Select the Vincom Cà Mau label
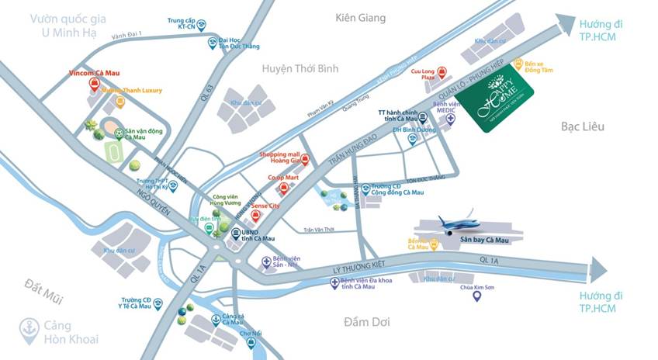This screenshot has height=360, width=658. (x=92, y=73)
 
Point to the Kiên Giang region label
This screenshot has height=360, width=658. (x=360, y=17)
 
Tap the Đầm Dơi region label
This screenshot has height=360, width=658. (x=370, y=320)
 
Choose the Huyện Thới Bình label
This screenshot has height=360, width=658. (x=300, y=69)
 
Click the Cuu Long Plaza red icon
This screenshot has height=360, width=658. (x=442, y=71)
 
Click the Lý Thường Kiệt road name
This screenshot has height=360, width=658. (x=348, y=265)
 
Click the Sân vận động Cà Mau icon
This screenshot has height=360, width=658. (x=119, y=133)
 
